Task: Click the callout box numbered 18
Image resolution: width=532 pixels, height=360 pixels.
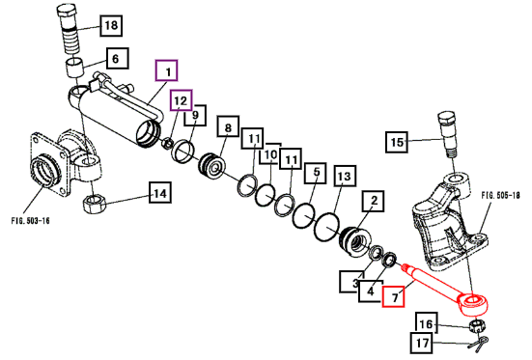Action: (111, 25)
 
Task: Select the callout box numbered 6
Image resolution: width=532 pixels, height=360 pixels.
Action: (118, 58)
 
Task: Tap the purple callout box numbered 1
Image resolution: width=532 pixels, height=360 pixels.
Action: (167, 70)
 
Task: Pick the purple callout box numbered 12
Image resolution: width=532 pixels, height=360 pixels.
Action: (182, 100)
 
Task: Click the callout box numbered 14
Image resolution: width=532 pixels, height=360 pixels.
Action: (160, 193)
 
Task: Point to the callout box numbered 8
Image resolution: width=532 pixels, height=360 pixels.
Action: (228, 126)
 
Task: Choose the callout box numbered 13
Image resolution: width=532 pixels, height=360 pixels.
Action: (345, 176)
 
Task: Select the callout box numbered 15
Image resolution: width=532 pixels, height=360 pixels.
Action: (397, 142)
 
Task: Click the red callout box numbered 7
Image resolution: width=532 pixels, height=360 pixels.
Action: (394, 297)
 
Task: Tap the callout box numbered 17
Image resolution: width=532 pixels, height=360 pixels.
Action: (422, 343)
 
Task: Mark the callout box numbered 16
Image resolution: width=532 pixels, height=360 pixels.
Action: (427, 324)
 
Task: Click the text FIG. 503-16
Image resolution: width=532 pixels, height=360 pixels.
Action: (31, 221)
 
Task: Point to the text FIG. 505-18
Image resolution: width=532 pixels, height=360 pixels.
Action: (500, 195)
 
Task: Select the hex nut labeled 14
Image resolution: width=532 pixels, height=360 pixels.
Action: (95, 204)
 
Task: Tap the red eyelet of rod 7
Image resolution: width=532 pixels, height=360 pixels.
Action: (474, 303)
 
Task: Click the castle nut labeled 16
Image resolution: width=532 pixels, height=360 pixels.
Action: (477, 325)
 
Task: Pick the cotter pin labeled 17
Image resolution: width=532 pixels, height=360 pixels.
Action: (478, 343)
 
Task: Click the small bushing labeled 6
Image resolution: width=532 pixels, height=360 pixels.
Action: (75, 68)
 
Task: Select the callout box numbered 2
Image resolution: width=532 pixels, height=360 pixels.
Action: (374, 201)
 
